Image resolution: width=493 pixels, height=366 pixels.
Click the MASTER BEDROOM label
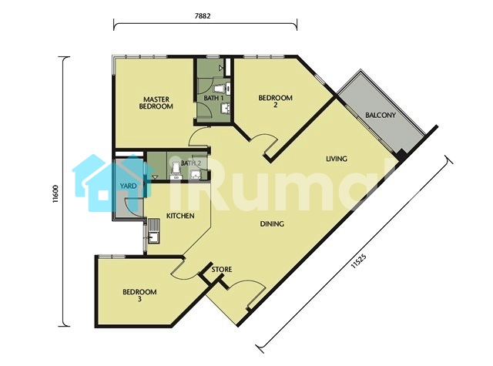click(156, 102)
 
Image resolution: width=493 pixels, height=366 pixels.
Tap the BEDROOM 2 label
click(276, 101)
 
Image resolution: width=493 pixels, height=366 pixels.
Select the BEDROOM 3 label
click(139, 295)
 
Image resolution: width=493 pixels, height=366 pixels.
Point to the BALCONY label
click(380, 115)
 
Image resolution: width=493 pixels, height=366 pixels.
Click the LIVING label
click(337, 159)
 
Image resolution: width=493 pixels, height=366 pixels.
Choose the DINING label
click(272, 224)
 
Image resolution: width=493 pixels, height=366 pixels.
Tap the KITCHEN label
click(180, 216)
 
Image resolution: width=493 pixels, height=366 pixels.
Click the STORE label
click(222, 270)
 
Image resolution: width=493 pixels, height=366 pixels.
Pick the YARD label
click(129, 186)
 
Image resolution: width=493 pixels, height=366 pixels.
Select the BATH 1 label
click(214, 98)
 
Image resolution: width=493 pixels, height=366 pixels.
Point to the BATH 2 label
click(191, 163)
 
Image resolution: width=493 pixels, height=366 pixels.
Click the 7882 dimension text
click(203, 15)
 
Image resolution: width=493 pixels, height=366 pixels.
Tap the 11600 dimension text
click(55, 193)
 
